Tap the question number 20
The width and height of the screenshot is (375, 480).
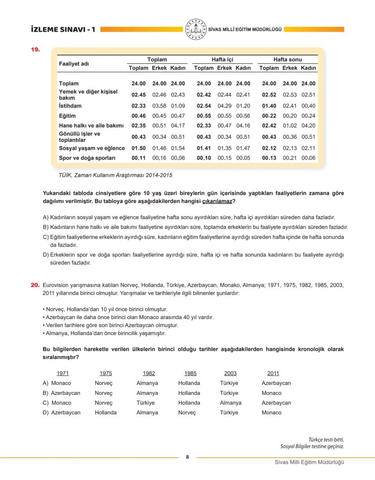(x=35, y=286)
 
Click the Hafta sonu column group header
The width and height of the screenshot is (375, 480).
(x=287, y=59)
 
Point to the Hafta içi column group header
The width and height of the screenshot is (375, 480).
(x=222, y=59)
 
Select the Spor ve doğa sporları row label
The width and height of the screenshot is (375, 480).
(x=87, y=158)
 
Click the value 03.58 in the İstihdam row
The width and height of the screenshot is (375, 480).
(x=159, y=106)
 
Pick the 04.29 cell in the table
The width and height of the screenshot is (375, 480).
(x=225, y=106)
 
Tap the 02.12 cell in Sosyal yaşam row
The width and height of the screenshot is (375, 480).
(x=269, y=148)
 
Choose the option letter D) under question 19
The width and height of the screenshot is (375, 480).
(x=45, y=255)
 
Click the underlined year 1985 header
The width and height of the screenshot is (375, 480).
(x=191, y=373)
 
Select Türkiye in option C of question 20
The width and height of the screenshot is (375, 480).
(x=146, y=402)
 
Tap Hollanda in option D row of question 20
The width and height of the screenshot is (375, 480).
(x=106, y=412)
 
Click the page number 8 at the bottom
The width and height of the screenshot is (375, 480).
(x=187, y=456)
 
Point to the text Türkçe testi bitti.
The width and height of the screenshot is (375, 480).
(x=329, y=439)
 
